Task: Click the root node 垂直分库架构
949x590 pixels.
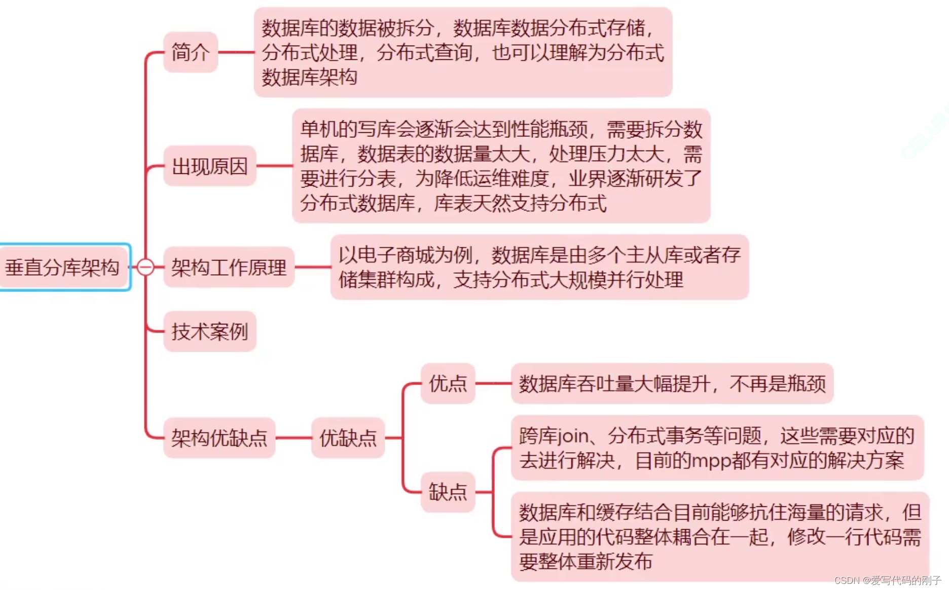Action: tap(63, 267)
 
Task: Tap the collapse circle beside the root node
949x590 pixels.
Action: tap(145, 267)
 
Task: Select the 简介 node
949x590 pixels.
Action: tap(191, 52)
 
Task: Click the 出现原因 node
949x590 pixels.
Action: tap(209, 166)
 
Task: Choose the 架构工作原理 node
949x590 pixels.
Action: tap(229, 267)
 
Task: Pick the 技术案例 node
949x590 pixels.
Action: tap(209, 331)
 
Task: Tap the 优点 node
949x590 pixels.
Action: tap(448, 384)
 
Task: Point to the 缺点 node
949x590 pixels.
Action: tap(448, 492)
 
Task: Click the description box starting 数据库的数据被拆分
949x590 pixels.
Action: tap(462, 52)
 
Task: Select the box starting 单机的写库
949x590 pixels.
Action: tap(501, 166)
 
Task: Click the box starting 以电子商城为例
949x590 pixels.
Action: tap(539, 267)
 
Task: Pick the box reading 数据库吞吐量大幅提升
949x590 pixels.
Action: tap(672, 384)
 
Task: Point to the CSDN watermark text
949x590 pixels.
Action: tap(887, 580)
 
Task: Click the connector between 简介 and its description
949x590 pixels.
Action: tap(236, 52)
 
